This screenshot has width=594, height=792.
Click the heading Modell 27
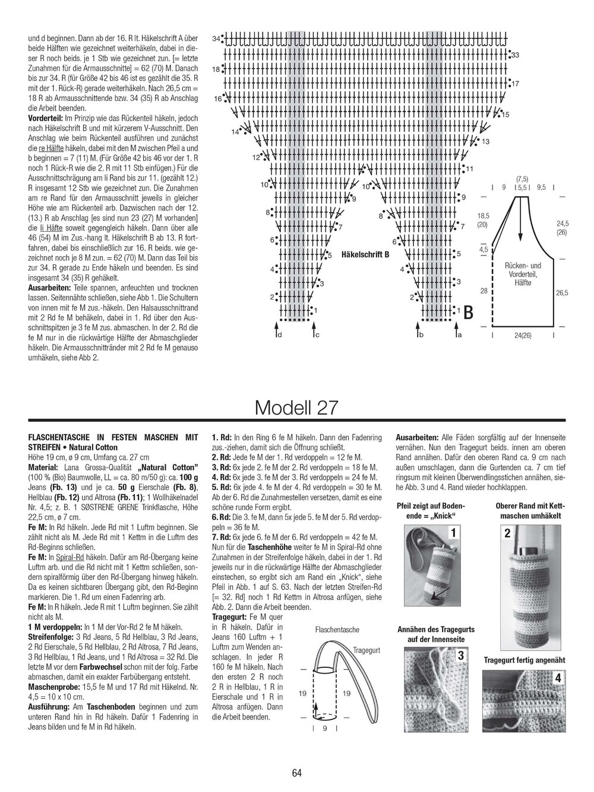tap(296, 408)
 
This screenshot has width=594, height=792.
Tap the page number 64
tap(297, 773)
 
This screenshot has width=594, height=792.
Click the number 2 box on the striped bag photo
tap(507, 534)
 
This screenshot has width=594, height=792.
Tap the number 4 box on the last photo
tap(558, 678)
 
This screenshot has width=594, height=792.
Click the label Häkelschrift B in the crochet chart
tap(365, 254)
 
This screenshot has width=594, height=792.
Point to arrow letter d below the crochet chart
tap(279, 336)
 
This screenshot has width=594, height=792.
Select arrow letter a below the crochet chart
tap(459, 336)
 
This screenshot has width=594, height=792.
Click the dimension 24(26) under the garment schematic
tap(523, 335)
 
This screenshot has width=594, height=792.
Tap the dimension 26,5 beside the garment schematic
tap(562, 293)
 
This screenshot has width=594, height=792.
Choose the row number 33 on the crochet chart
tap(515, 55)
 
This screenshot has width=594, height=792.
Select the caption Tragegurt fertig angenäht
tap(523, 660)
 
